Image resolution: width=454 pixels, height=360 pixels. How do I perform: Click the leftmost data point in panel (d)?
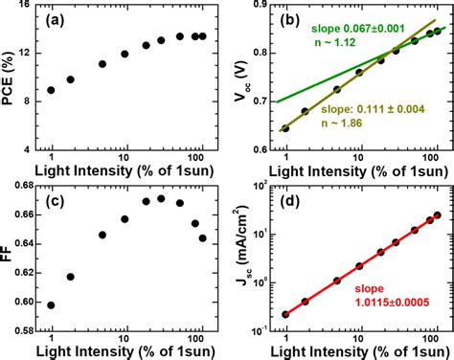285,313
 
